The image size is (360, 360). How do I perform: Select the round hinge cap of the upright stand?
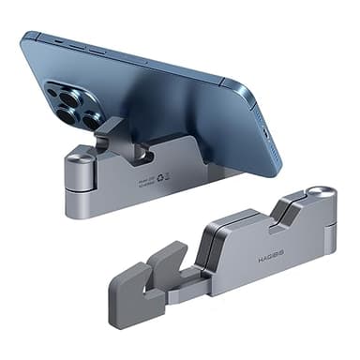pos(79,157)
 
